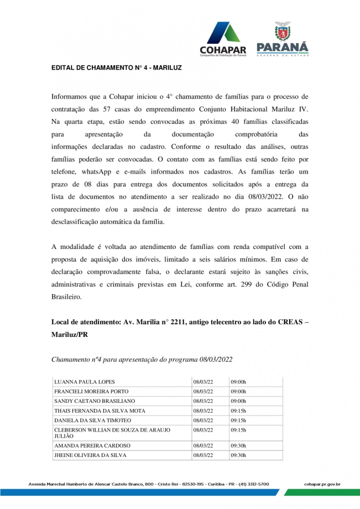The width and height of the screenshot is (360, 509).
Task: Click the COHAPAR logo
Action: tap(222, 39)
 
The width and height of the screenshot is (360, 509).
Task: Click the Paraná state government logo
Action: tap(282, 39)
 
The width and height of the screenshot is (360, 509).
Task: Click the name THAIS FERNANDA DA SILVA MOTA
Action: tap(100, 411)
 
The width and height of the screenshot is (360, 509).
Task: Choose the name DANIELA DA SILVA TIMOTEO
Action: tap(92, 420)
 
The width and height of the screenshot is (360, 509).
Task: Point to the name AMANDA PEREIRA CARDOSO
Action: tap(92, 445)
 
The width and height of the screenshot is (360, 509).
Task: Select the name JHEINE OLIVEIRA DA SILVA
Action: tap(90, 455)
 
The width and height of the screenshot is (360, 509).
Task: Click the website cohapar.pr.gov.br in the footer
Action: tap(322, 484)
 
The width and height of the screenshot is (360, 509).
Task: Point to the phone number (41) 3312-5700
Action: tap(254, 484)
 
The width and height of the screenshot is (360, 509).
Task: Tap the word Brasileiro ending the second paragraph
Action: tap(66, 297)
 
